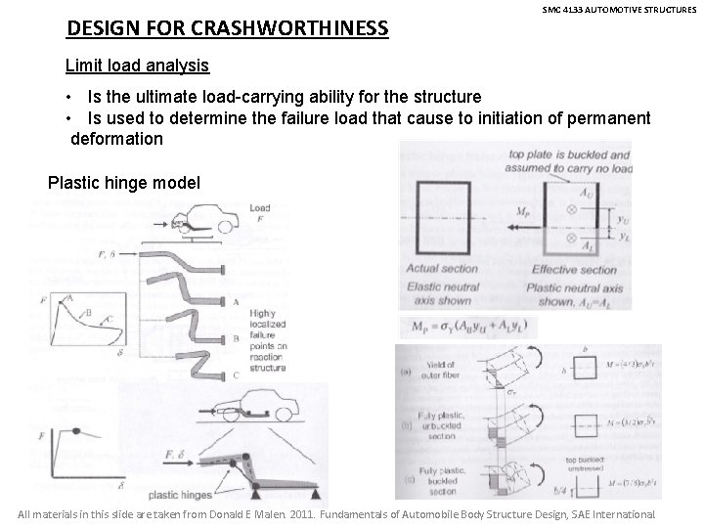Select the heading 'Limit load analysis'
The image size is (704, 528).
(x=137, y=66)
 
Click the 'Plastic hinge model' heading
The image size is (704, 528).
(x=125, y=183)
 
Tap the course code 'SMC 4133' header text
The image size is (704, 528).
(x=562, y=9)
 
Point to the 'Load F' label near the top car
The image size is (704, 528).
(x=261, y=213)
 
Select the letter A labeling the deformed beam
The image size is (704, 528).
(x=263, y=303)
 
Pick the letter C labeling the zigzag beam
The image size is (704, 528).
(x=263, y=374)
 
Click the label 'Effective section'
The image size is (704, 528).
(x=574, y=270)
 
